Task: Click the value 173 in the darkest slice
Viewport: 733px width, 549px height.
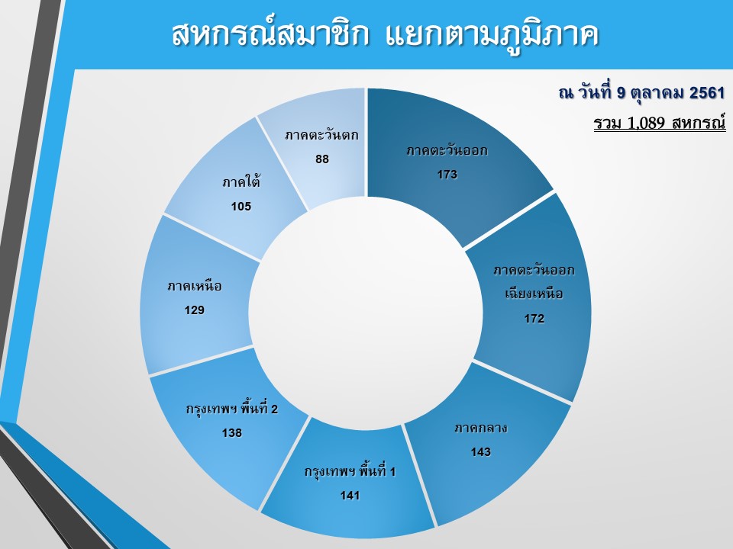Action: pyautogui.click(x=447, y=175)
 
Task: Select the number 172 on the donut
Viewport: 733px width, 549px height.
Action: pyautogui.click(x=534, y=319)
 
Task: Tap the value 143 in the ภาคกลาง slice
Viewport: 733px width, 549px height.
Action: pyautogui.click(x=480, y=452)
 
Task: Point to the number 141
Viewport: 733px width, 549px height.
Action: pyautogui.click(x=350, y=496)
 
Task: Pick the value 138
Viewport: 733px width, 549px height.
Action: pyautogui.click(x=232, y=433)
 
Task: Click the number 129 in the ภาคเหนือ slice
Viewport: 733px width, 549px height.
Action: pyautogui.click(x=195, y=310)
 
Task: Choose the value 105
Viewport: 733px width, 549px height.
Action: pyautogui.click(x=241, y=207)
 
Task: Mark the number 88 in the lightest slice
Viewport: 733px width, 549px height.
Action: pyautogui.click(x=322, y=159)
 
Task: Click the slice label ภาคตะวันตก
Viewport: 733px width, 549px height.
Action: pyautogui.click(x=321, y=136)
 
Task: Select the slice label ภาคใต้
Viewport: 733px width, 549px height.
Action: pyautogui.click(x=241, y=181)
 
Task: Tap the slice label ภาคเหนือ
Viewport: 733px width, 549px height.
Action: pyautogui.click(x=195, y=285)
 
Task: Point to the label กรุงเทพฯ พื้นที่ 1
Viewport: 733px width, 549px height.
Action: pyautogui.click(x=350, y=470)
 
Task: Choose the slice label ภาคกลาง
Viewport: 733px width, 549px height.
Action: pyautogui.click(x=480, y=428)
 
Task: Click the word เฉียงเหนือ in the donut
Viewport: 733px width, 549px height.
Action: pyautogui.click(x=534, y=293)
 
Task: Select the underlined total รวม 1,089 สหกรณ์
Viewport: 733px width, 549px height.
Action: pyautogui.click(x=660, y=122)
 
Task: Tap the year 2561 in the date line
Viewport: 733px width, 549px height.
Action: pyautogui.click(x=707, y=93)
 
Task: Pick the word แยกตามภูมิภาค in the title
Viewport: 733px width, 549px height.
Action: pyautogui.click(x=492, y=36)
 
